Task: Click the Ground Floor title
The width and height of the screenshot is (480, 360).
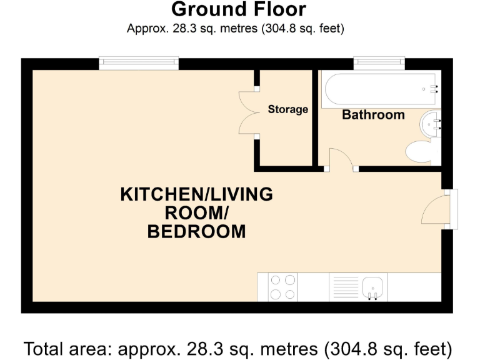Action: tap(238, 9)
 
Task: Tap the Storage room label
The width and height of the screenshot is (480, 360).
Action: tap(287, 109)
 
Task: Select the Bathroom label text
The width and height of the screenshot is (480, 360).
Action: tap(373, 115)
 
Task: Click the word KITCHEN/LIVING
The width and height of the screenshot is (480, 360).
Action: tap(196, 194)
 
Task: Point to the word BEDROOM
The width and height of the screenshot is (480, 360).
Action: tap(196, 232)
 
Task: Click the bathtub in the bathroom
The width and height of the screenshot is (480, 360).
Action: tap(380, 89)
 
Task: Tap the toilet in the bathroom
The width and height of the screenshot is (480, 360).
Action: tap(422, 152)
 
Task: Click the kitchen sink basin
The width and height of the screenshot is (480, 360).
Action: tap(374, 286)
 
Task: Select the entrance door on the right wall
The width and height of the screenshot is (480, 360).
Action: tap(437, 209)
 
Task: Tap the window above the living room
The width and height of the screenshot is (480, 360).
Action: tap(139, 62)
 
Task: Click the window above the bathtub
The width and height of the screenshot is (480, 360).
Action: tap(379, 62)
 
